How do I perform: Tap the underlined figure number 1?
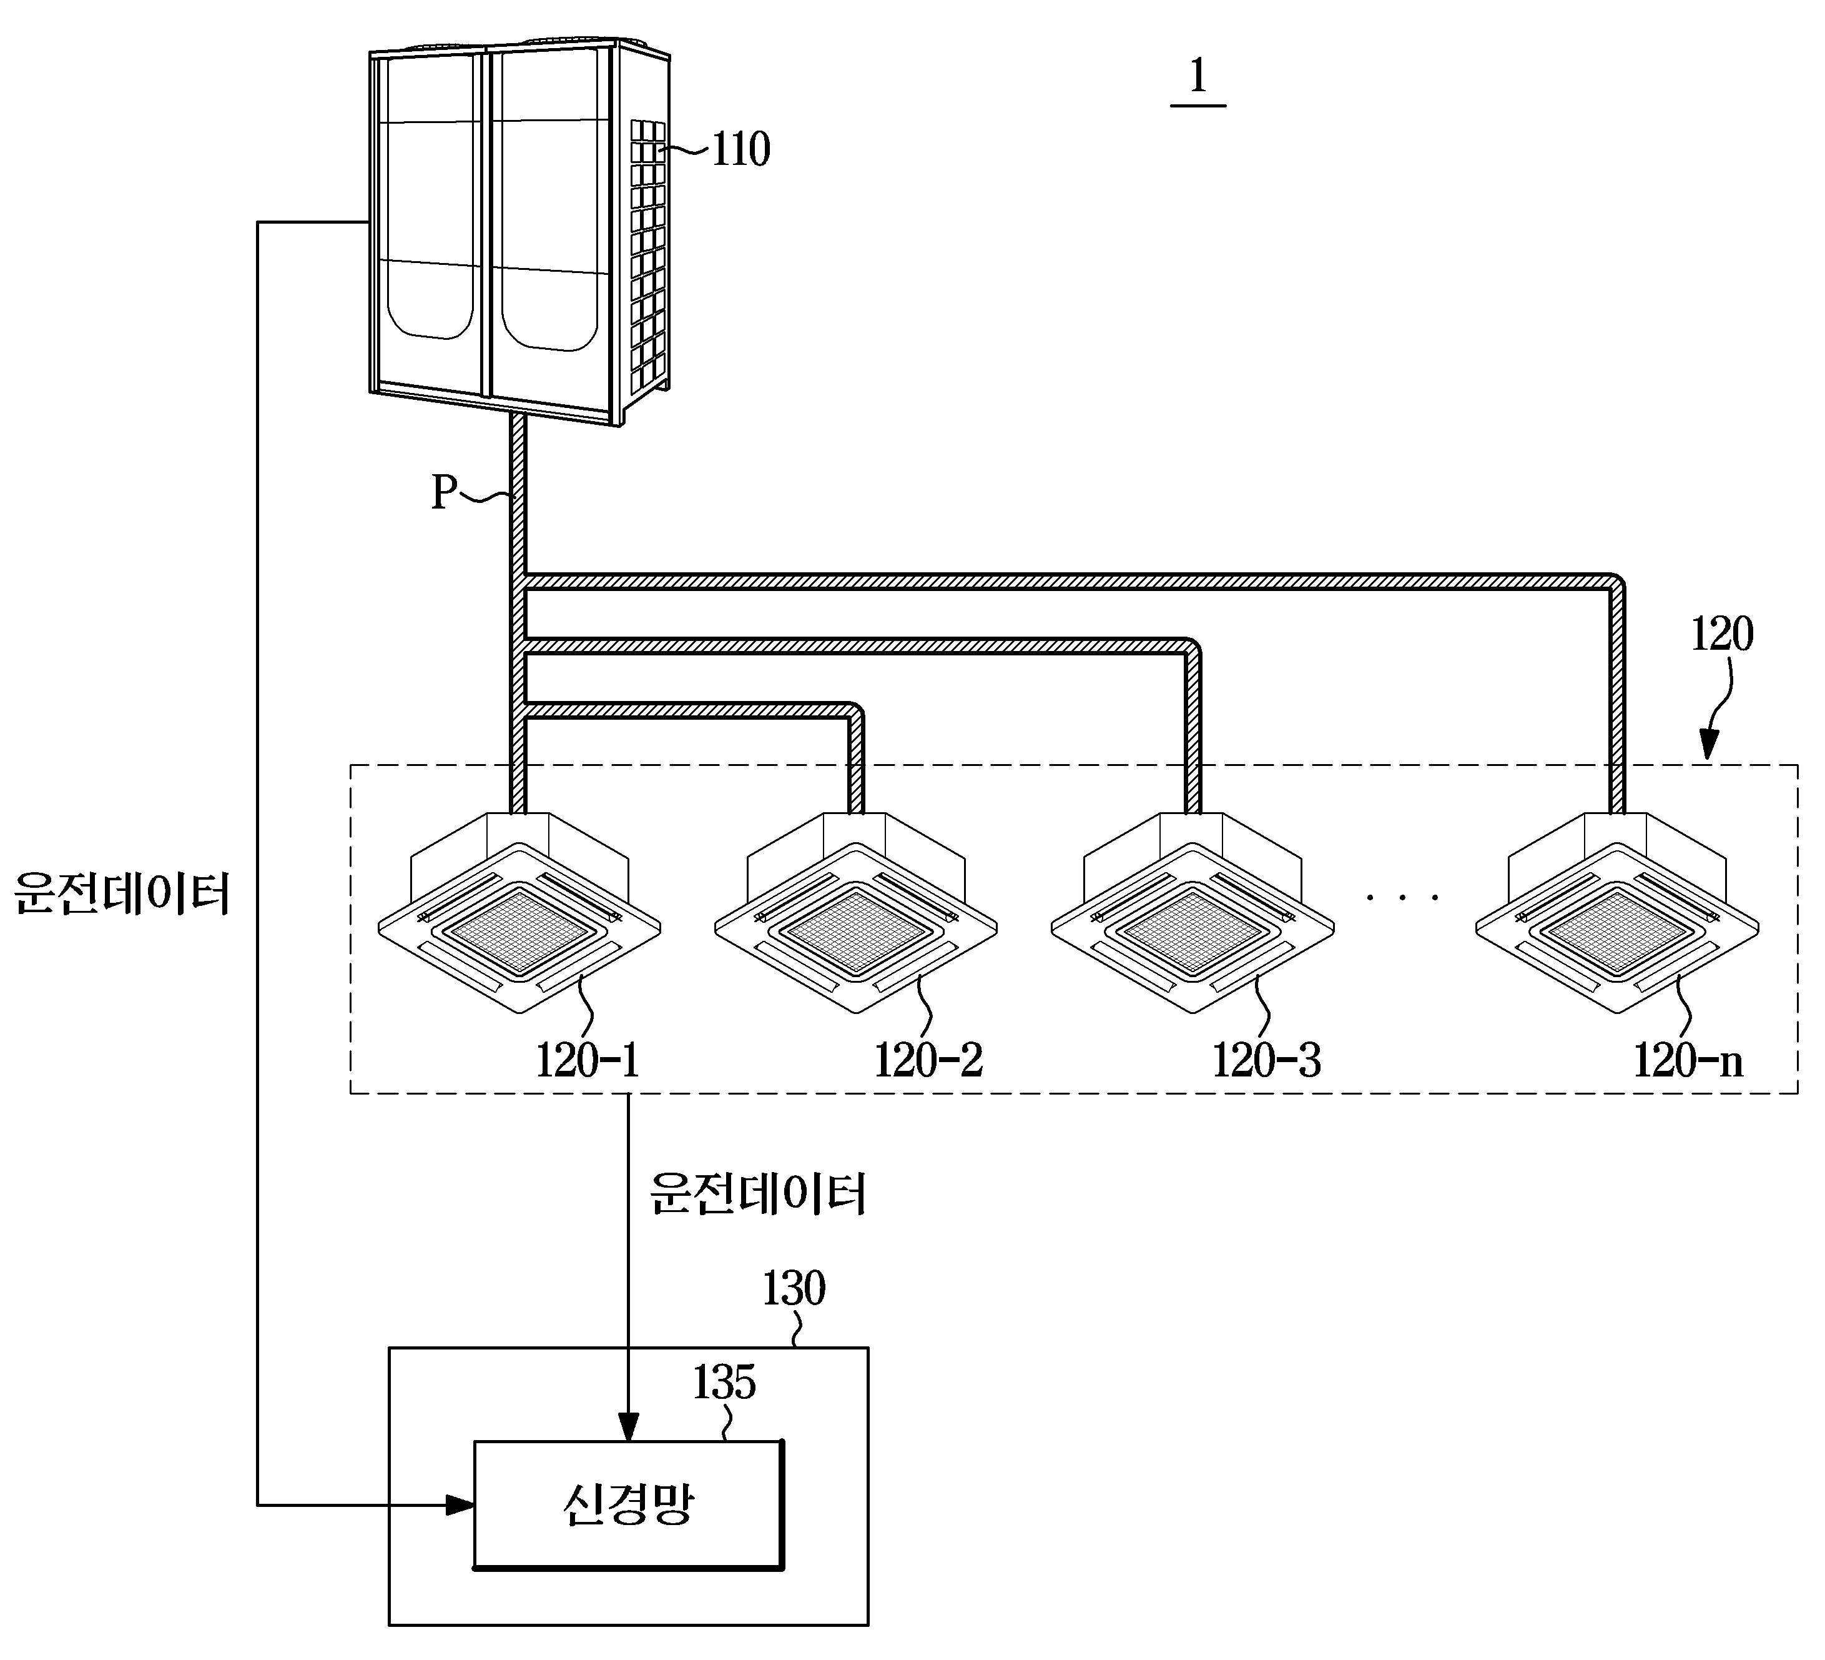tap(1198, 77)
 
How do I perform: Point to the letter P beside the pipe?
tap(443, 493)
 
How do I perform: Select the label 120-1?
tap(588, 1060)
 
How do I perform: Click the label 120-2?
tap(928, 1060)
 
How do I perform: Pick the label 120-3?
tap(1266, 1060)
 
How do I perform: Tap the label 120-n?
tap(1688, 1060)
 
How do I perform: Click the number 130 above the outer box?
tap(794, 1289)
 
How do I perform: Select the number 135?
tap(724, 1382)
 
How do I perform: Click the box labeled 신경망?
tap(628, 1505)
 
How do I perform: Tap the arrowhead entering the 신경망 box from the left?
tap(461, 1505)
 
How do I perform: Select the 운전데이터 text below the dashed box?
tap(759, 1193)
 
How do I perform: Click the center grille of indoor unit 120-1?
tap(519, 930)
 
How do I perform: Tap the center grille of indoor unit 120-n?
tap(1618, 930)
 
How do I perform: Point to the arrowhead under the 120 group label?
tap(1708, 745)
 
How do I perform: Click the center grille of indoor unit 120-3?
tap(1193, 930)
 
